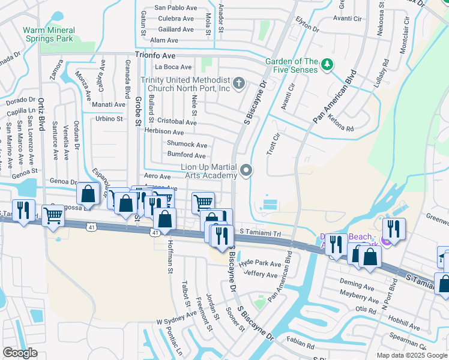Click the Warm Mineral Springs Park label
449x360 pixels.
click(49, 34)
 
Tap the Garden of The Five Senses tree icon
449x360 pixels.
click(327, 64)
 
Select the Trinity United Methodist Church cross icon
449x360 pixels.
click(239, 83)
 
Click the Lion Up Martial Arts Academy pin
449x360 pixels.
click(246, 172)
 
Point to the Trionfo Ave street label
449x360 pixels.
click(159, 55)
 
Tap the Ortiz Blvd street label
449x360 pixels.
click(42, 121)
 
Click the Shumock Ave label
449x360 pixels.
click(187, 145)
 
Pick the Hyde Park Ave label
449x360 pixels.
click(260, 263)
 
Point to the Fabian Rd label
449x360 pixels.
click(300, 346)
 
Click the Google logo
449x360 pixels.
click(20, 353)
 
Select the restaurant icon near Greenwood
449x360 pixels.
click(394, 229)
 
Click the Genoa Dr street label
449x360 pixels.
click(64, 181)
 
